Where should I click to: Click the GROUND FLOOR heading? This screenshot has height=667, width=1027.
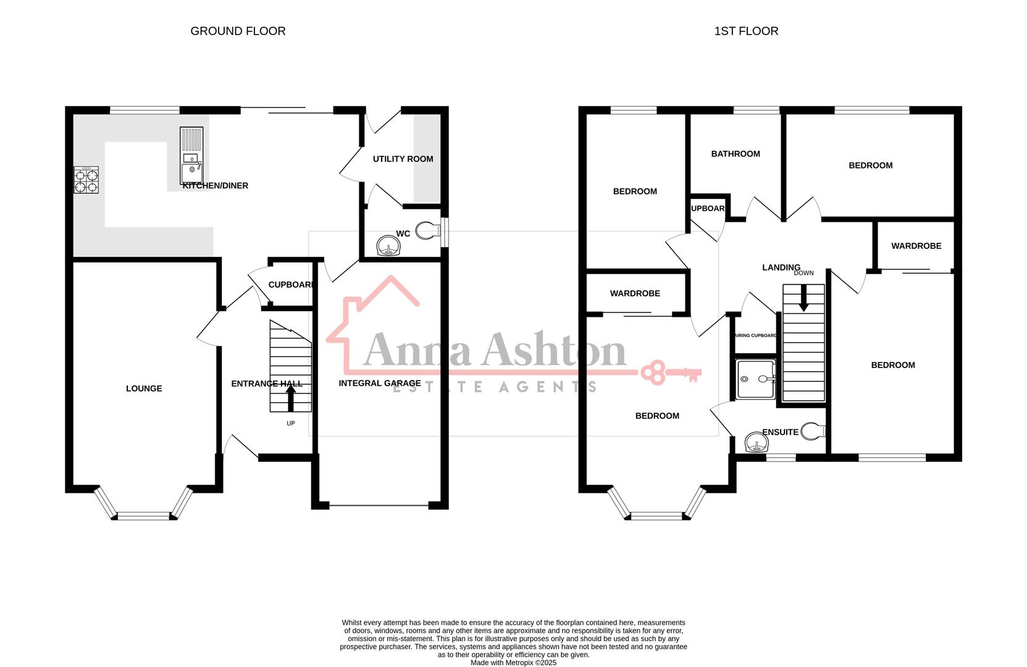[238, 31]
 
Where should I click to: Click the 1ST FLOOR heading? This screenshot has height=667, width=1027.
[746, 31]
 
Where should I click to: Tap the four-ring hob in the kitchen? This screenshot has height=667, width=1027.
[86, 180]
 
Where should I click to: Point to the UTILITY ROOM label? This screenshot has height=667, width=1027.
[403, 159]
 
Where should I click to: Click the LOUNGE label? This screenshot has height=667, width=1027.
[144, 388]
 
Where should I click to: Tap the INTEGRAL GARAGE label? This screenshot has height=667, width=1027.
[380, 384]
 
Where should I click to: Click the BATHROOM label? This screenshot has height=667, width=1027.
[736, 154]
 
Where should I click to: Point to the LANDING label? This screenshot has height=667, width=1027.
[781, 267]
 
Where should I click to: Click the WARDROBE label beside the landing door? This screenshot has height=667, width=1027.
[916, 246]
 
